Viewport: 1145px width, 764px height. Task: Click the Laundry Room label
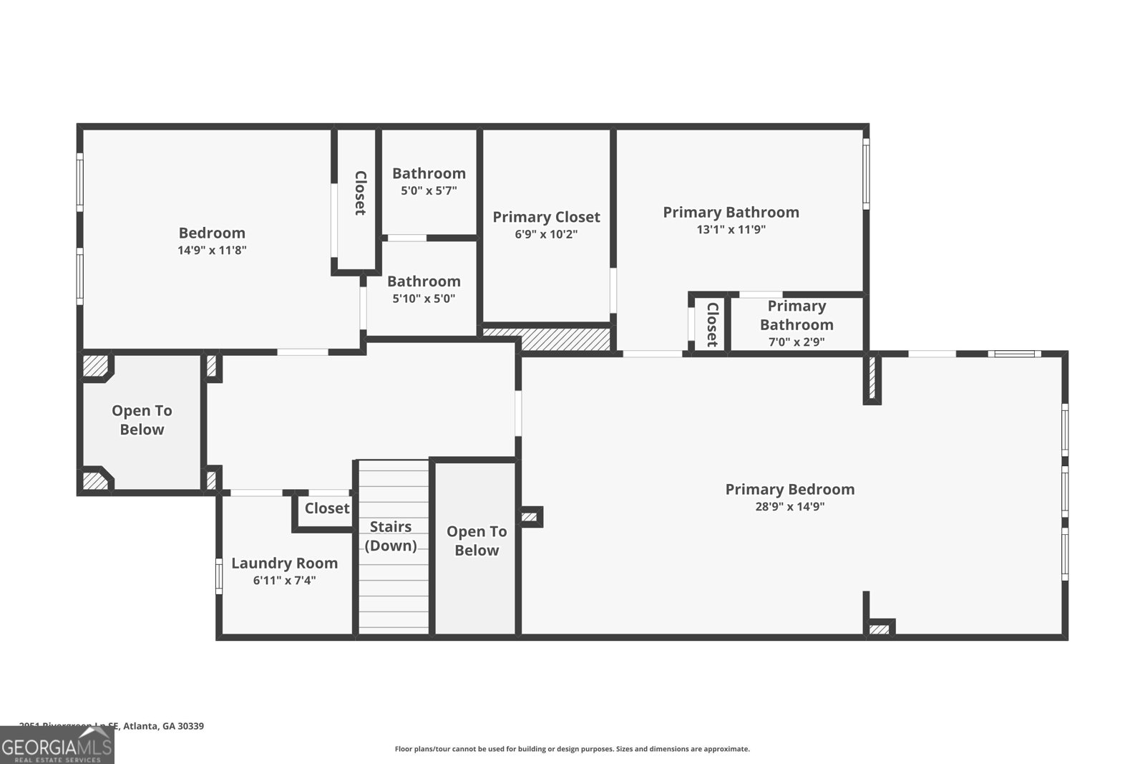284,563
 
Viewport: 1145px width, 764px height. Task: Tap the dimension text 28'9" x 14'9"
789,506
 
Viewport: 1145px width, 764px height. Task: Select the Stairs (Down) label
391,536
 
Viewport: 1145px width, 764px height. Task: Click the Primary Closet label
546,217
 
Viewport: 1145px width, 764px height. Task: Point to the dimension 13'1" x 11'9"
731,230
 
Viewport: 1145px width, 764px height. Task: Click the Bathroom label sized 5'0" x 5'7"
429,173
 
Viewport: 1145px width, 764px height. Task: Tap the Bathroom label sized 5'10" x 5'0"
424,281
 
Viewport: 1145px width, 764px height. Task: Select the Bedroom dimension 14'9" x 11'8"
212,250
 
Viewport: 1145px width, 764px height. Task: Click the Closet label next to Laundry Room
327,508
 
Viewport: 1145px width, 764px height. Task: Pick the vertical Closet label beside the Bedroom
360,193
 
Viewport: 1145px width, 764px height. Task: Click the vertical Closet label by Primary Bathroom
712,324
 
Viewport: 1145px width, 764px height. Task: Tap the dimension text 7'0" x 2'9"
796,342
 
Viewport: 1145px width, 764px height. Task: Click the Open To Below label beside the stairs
477,541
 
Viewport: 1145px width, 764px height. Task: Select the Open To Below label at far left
142,420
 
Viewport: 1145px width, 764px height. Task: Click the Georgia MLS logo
57,746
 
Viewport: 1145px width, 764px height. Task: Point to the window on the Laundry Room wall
219,576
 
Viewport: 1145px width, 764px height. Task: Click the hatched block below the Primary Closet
565,339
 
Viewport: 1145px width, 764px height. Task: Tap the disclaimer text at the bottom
572,749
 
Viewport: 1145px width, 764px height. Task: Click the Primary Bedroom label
789,489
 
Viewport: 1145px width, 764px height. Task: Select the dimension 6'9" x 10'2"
546,234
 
